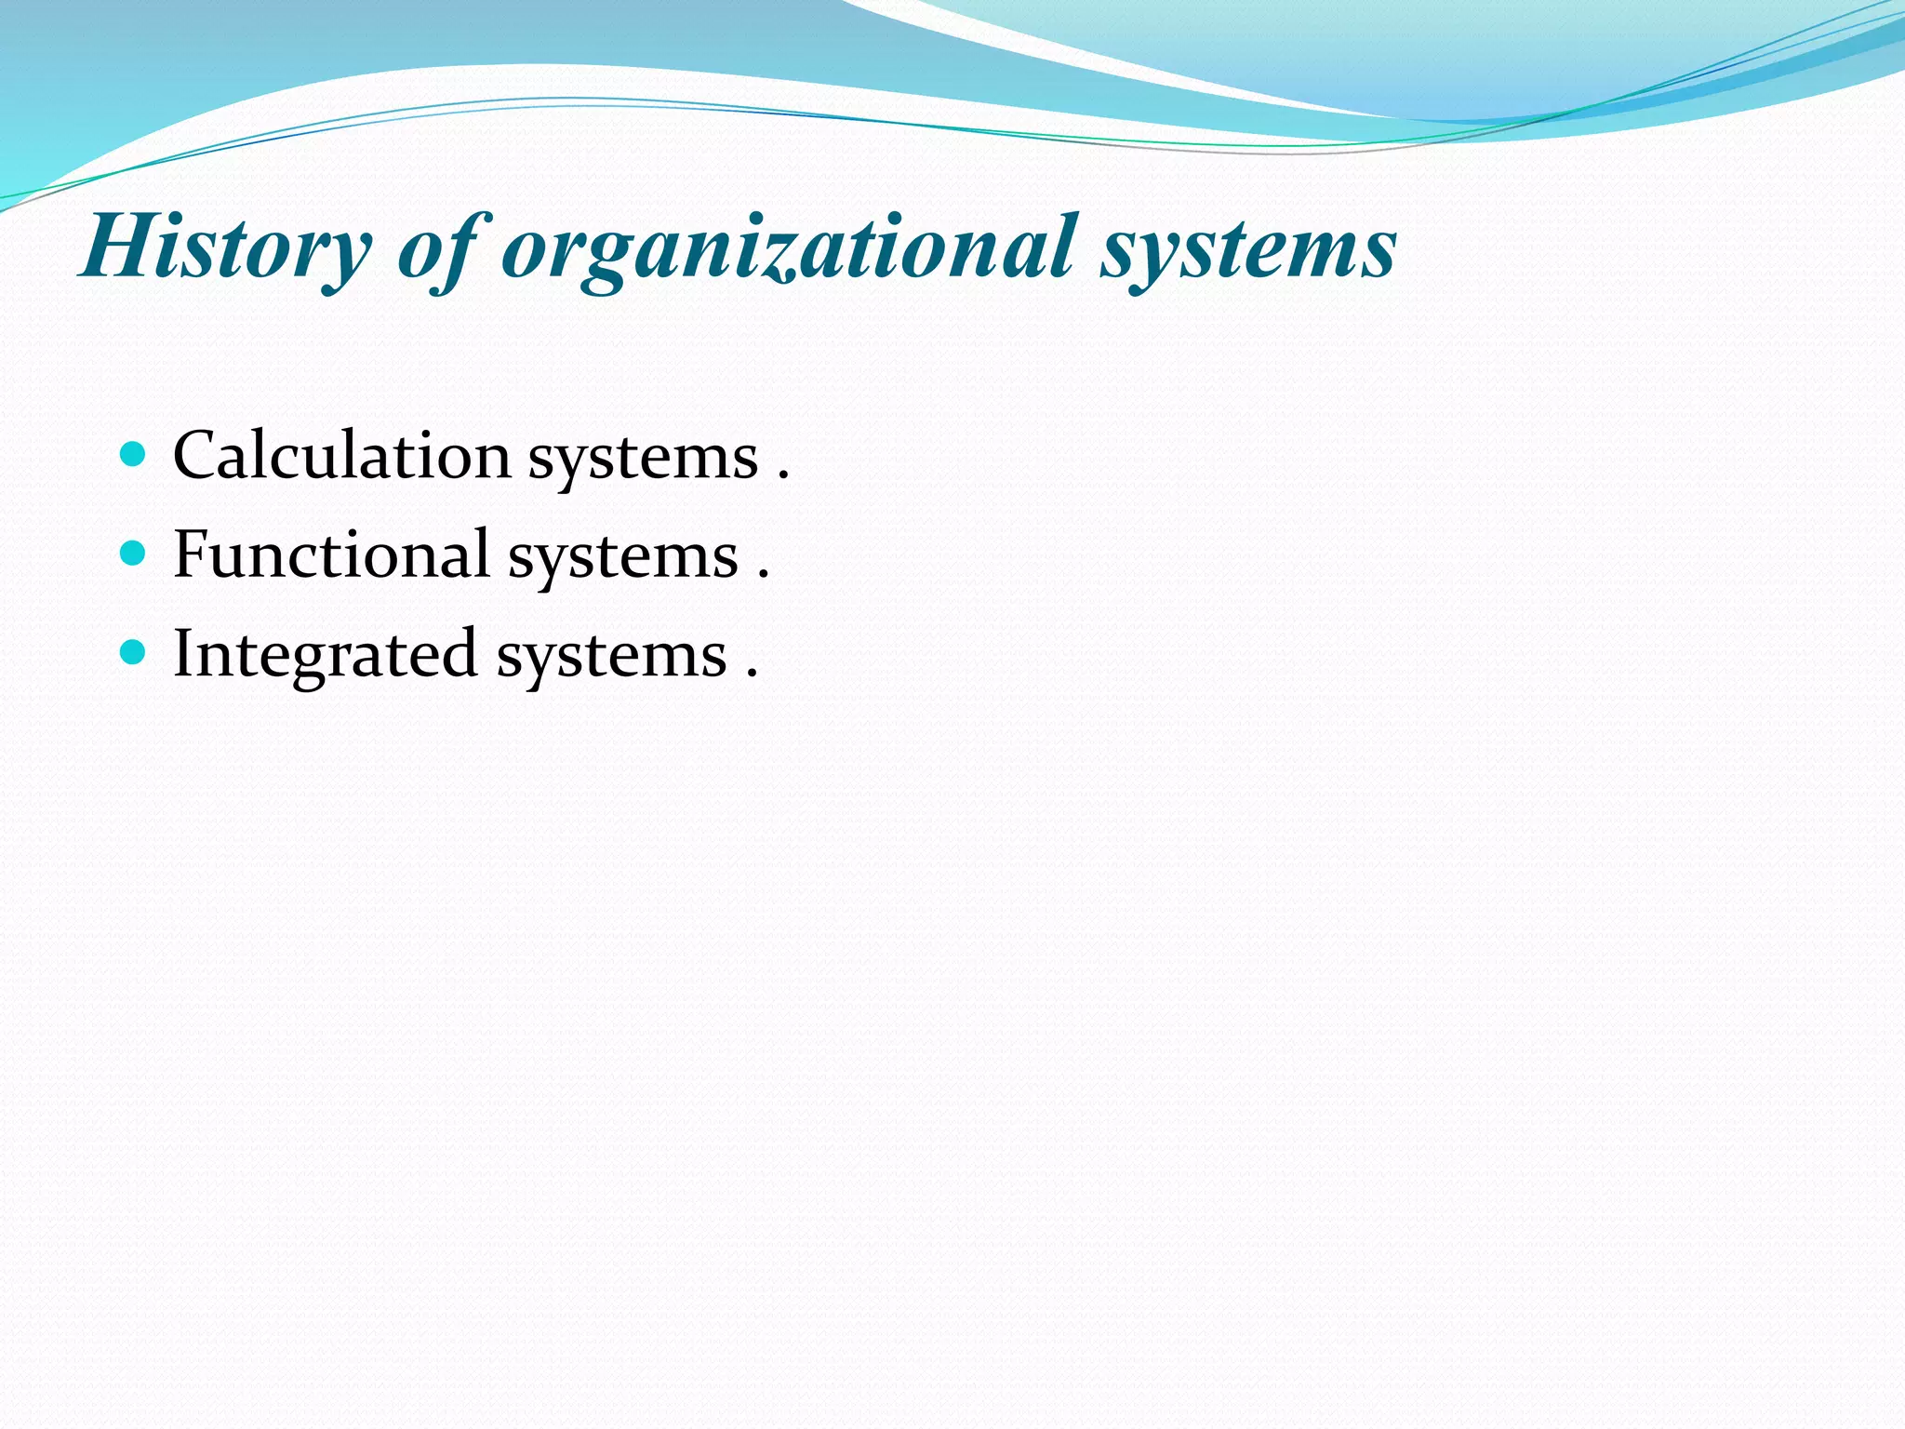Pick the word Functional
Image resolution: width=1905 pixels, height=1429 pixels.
click(331, 554)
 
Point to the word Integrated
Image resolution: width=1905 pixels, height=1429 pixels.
click(326, 654)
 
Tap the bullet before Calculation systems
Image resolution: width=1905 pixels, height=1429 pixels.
click(134, 455)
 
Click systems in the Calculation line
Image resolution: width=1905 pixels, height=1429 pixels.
click(643, 460)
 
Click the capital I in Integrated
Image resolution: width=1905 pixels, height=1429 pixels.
click(182, 653)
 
